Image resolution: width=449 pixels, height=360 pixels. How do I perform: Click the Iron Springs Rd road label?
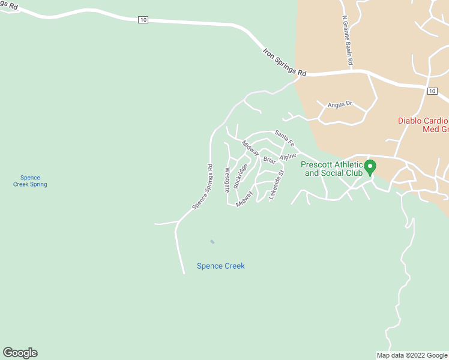[x=285, y=62]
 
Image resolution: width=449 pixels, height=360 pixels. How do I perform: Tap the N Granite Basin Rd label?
[x=346, y=41]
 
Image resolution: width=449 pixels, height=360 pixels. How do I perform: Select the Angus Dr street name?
[x=339, y=104]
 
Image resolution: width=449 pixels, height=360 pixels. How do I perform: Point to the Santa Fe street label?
[x=285, y=139]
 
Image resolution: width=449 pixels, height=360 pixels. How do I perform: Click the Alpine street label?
[x=288, y=157]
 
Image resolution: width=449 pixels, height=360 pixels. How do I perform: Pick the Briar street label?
[x=269, y=160]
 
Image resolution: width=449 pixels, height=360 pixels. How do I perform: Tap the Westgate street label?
[x=227, y=179]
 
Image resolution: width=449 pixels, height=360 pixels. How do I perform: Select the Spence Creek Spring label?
[x=30, y=181]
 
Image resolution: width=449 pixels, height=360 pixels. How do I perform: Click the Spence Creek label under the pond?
[x=220, y=266]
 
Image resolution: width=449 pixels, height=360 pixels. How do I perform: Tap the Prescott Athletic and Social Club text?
[x=332, y=169]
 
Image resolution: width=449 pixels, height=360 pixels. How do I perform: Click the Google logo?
[x=20, y=353]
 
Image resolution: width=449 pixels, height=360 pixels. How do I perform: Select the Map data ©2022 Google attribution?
[x=412, y=355]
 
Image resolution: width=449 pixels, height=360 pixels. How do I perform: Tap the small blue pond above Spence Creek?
[x=212, y=242]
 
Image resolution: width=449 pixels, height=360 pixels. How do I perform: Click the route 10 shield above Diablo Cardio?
[x=432, y=91]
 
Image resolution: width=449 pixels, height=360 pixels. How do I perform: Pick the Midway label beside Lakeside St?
[x=244, y=199]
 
